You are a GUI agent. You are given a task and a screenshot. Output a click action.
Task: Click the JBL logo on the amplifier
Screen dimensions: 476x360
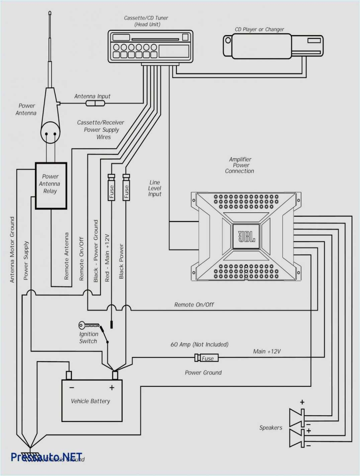click(x=246, y=236)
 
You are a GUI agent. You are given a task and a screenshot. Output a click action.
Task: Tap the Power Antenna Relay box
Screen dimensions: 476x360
click(x=51, y=186)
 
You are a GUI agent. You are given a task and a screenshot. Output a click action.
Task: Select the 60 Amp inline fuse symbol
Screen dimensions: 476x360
click(x=206, y=358)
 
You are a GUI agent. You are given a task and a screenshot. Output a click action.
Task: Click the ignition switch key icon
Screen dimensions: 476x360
click(x=88, y=325)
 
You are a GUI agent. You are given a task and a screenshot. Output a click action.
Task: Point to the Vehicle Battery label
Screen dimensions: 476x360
click(x=90, y=401)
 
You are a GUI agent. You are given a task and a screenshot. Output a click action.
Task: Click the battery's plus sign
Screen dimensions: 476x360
click(x=112, y=387)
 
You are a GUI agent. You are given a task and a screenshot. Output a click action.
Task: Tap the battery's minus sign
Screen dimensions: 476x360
click(x=72, y=387)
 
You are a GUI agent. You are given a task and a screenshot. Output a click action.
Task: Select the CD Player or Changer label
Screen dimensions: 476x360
click(x=259, y=29)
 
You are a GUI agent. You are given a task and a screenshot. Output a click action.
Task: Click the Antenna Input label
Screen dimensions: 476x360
click(x=92, y=97)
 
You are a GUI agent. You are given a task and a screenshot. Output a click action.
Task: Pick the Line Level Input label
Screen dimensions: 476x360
click(x=155, y=188)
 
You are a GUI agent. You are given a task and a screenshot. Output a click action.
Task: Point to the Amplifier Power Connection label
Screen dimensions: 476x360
click(x=240, y=165)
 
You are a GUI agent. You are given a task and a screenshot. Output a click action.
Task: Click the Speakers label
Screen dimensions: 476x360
click(x=271, y=428)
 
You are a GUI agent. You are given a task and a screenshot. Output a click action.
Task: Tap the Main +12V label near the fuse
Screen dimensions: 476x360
click(x=267, y=351)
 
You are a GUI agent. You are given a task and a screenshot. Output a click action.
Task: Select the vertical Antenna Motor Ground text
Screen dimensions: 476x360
click(x=12, y=250)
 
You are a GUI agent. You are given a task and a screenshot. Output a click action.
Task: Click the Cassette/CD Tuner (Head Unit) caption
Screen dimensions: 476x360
click(x=146, y=21)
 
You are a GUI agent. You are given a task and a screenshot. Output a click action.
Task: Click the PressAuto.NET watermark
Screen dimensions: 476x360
click(x=47, y=457)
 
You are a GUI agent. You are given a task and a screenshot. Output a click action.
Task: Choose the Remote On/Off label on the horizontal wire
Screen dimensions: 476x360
click(x=194, y=305)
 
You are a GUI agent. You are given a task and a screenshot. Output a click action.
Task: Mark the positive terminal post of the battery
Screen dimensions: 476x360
click(x=115, y=375)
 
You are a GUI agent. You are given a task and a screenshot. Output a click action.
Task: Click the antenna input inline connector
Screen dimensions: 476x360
click(x=95, y=103)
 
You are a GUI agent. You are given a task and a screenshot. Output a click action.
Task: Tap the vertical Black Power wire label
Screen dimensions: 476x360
click(x=121, y=261)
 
